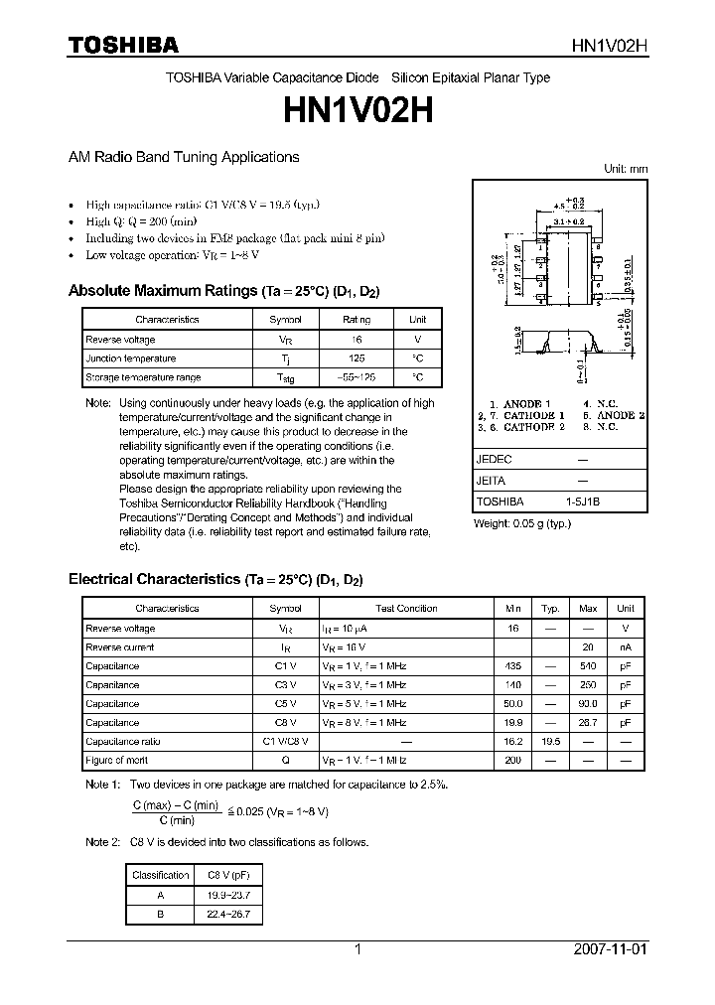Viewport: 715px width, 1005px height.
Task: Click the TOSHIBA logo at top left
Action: pyautogui.click(x=123, y=45)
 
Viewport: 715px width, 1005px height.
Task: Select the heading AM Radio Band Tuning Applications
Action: pyautogui.click(x=183, y=157)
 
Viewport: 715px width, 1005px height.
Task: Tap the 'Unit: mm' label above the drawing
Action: pyautogui.click(x=626, y=169)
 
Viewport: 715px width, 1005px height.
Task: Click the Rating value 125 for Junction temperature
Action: pyautogui.click(x=357, y=359)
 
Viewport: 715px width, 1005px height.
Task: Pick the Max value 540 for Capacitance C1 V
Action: pyautogui.click(x=588, y=666)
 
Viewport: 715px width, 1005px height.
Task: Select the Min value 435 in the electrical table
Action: pyautogui.click(x=513, y=666)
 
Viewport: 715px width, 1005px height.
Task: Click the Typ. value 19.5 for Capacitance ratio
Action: pyautogui.click(x=550, y=742)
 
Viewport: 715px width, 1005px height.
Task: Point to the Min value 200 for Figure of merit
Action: pyautogui.click(x=513, y=761)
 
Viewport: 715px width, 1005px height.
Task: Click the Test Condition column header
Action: pyautogui.click(x=405, y=609)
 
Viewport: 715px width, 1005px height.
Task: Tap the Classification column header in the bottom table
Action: pyautogui.click(x=161, y=875)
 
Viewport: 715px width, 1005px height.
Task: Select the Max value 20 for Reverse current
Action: pyautogui.click(x=588, y=647)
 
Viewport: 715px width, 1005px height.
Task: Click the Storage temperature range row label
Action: pyautogui.click(x=143, y=377)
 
